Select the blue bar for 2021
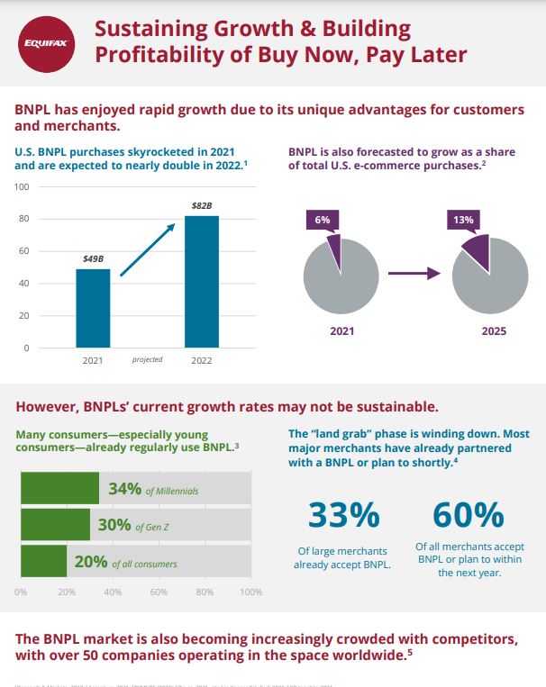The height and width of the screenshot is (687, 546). click(x=93, y=308)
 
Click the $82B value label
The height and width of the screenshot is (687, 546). click(x=202, y=206)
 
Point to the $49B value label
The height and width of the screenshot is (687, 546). click(x=93, y=259)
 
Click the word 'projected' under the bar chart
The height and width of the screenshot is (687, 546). click(x=147, y=359)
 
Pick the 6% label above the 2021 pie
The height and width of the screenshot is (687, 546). click(x=323, y=221)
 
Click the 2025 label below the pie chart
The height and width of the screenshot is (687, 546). click(x=494, y=331)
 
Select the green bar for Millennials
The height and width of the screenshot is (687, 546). click(x=59, y=489)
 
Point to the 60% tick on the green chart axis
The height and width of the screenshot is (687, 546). click(x=159, y=592)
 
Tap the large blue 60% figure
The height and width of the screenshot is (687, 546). click(x=468, y=515)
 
